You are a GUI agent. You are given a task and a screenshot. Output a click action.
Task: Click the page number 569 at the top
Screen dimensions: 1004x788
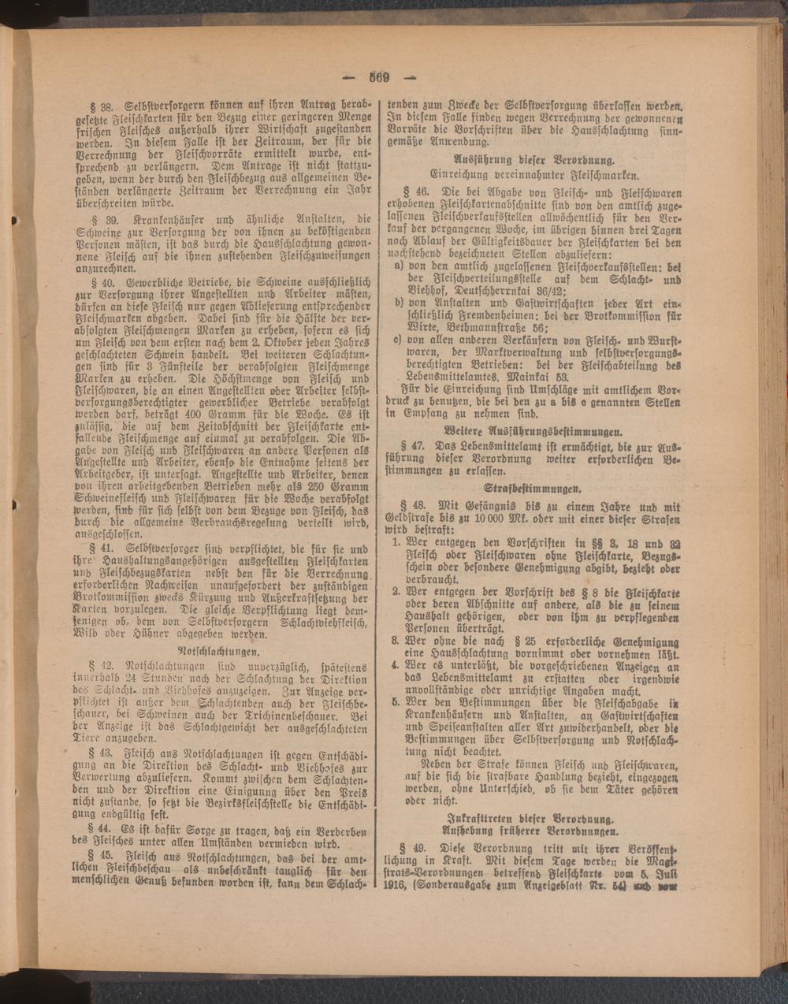(x=379, y=77)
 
